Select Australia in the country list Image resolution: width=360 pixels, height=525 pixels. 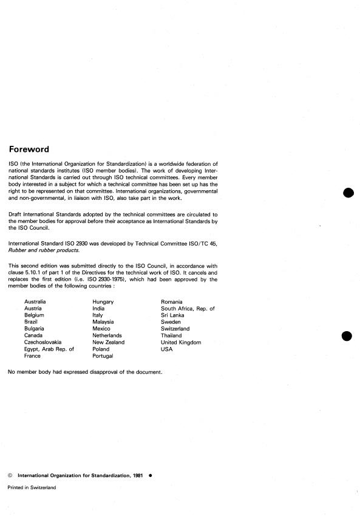(x=35, y=301)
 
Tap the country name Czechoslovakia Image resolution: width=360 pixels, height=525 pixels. (x=43, y=342)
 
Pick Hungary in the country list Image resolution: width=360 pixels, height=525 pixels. (x=103, y=301)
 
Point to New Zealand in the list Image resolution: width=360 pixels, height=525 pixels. (x=108, y=342)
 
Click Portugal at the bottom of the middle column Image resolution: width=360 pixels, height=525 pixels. (x=103, y=356)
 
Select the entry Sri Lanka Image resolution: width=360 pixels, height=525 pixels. (x=173, y=315)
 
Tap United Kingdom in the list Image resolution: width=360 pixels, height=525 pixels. (x=181, y=342)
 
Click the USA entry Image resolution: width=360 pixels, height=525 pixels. (x=166, y=349)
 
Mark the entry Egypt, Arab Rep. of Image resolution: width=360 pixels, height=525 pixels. (x=49, y=349)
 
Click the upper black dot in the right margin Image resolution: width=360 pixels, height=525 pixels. (x=348, y=193)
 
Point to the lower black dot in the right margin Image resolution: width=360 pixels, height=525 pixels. (x=348, y=335)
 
